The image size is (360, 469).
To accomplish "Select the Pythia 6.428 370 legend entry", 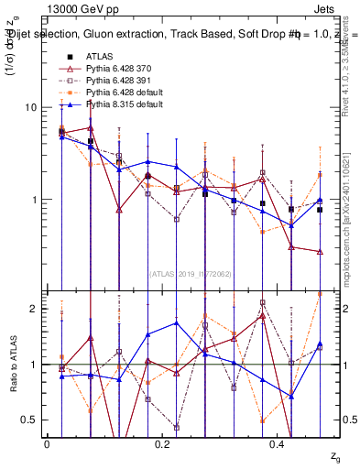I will point(115,70).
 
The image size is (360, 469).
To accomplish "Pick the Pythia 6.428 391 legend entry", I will point(115,81).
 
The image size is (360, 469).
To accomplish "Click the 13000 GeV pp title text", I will point(79,8).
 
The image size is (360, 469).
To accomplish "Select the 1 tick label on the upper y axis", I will point(33,200).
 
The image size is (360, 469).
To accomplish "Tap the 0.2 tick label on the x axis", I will point(163,444).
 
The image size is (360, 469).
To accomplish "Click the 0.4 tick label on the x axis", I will point(279,444).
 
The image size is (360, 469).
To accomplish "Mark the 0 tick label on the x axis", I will point(47,444).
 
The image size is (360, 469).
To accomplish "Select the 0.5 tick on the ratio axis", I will point(29,420).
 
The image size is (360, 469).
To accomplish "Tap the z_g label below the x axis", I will point(335,454).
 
